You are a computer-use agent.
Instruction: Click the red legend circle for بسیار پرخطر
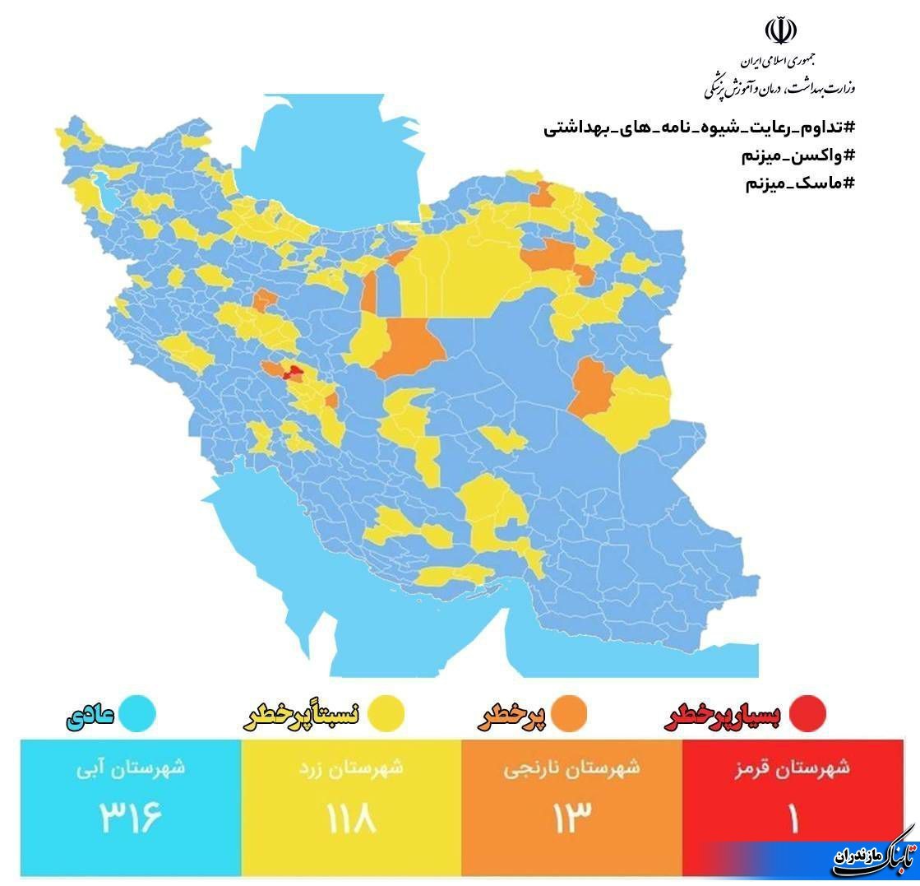(807, 714)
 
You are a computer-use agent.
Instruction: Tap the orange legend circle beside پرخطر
(568, 714)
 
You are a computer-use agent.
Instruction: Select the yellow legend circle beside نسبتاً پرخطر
(384, 714)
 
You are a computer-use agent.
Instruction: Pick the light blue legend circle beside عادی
(136, 714)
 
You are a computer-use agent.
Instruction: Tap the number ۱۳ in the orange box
(571, 819)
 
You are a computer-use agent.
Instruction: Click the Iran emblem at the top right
(780, 31)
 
